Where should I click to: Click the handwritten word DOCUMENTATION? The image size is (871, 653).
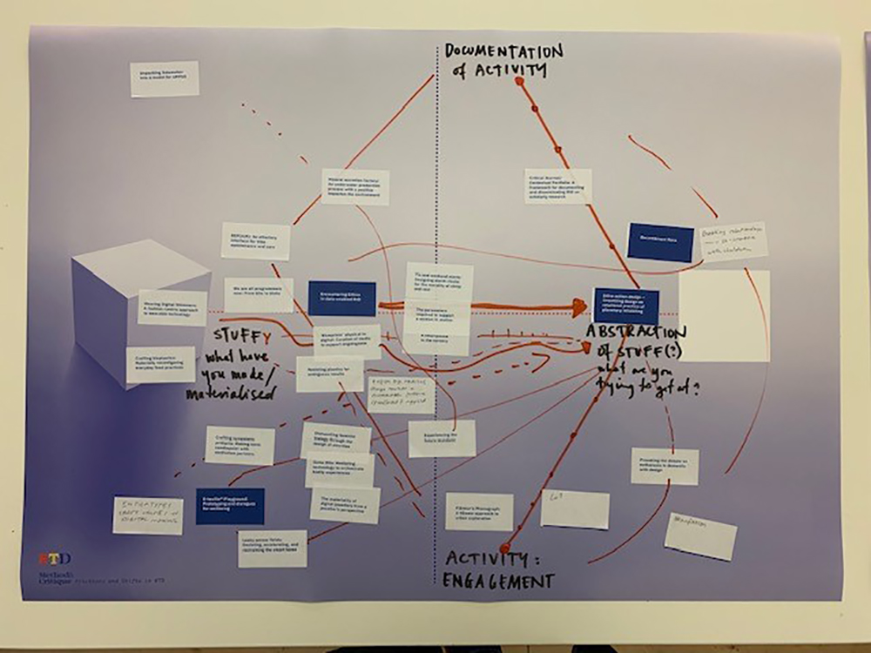(503, 51)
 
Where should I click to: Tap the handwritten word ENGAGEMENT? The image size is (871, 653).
(499, 581)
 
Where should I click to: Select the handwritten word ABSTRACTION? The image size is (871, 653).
(635, 333)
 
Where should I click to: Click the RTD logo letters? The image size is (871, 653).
(54, 558)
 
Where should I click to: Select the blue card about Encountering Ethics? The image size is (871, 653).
(341, 298)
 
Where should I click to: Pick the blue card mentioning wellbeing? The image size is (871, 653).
(230, 506)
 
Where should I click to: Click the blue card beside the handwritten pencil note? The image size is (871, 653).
(660, 242)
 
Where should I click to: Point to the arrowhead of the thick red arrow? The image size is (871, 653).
(579, 306)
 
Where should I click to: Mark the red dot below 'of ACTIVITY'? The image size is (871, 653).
(519, 81)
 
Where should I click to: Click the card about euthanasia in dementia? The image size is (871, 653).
(665, 466)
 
